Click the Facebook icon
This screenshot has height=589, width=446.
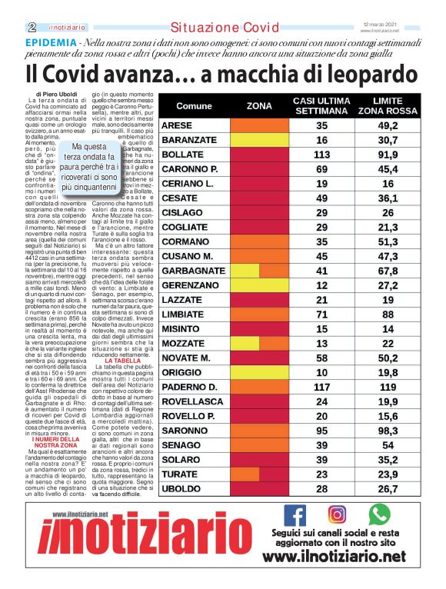click(x=295, y=514)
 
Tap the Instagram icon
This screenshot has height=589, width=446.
click(x=337, y=514)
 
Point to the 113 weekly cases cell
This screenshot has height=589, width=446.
click(x=321, y=155)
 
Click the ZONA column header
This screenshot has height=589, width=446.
click(x=259, y=105)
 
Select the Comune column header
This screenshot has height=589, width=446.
click(x=194, y=105)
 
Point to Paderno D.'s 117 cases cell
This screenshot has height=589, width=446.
click(x=321, y=386)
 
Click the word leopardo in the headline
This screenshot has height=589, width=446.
click(x=353, y=75)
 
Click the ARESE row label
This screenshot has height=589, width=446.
click(x=177, y=125)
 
